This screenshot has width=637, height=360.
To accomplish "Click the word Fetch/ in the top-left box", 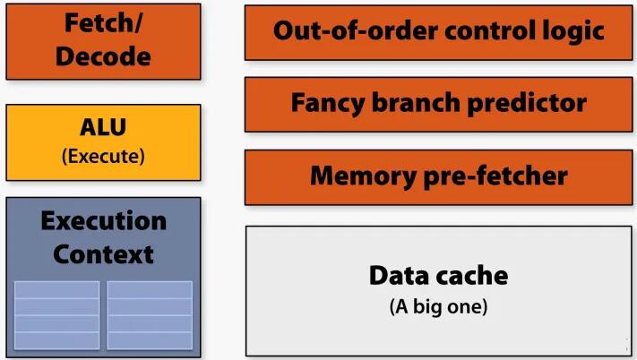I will pyautogui.click(x=103, y=22).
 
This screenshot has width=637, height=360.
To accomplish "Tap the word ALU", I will pyautogui.click(x=103, y=131).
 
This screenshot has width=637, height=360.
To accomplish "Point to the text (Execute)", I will pyautogui.click(x=103, y=156).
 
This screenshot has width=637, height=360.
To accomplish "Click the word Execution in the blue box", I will pyautogui.click(x=103, y=221).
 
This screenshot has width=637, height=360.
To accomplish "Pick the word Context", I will pyautogui.click(x=103, y=253).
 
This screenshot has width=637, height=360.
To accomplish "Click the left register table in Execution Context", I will pyautogui.click(x=57, y=314).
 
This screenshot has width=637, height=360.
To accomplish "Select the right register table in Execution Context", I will pyautogui.click(x=150, y=314).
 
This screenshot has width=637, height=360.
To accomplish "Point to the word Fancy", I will pyautogui.click(x=328, y=102).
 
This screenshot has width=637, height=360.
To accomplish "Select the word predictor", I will pyautogui.click(x=528, y=102).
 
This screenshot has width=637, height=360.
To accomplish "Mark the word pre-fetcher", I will pyautogui.click(x=492, y=176).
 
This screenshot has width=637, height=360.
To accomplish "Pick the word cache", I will pyautogui.click(x=472, y=275).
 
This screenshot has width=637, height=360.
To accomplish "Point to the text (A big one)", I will pyautogui.click(x=438, y=307).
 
